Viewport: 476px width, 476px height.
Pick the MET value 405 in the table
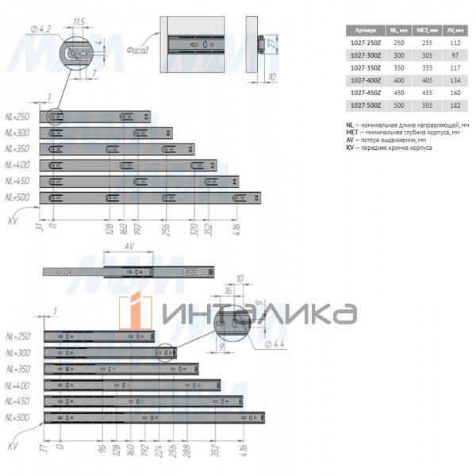coord(425,80)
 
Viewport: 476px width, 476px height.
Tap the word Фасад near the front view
coord(137,49)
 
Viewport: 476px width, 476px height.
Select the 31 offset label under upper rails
coord(37,229)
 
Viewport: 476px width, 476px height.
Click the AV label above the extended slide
coord(128,247)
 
